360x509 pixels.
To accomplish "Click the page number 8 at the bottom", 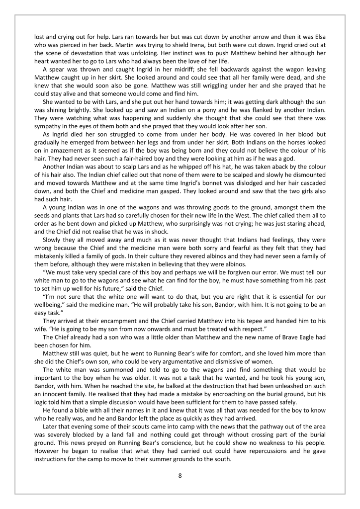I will [180, 475].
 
